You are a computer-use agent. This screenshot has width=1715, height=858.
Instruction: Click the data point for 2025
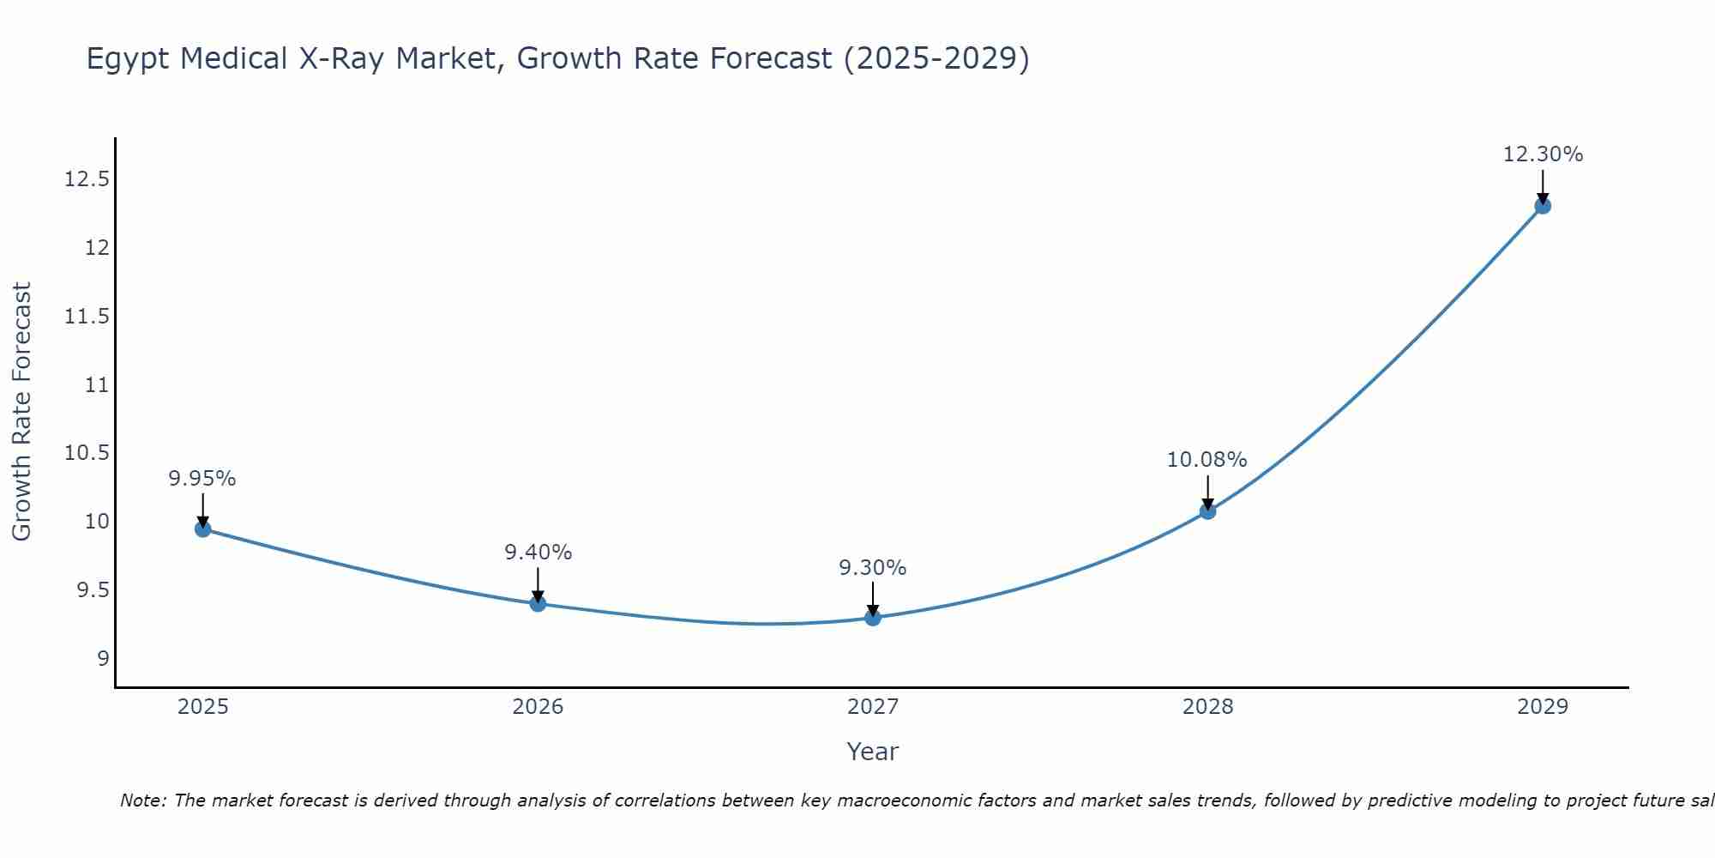[x=203, y=529]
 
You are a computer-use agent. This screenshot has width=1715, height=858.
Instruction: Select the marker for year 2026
[x=538, y=603]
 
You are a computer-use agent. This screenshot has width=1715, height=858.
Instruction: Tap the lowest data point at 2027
[x=873, y=617]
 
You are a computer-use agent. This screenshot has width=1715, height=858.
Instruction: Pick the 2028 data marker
[x=1207, y=511]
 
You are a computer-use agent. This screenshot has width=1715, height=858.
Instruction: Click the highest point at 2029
[x=1543, y=205]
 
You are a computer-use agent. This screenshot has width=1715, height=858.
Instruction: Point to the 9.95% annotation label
[x=202, y=479]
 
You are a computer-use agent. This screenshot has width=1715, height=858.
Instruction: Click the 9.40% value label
[x=538, y=553]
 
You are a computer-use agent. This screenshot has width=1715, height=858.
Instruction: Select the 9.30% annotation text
[x=872, y=568]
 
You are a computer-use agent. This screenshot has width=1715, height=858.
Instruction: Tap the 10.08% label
[x=1207, y=460]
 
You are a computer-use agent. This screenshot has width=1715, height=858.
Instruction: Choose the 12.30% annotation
[x=1543, y=154]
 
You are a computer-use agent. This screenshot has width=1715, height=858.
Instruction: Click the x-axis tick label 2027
[x=873, y=707]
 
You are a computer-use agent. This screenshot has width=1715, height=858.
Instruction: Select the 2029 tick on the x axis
[x=1543, y=707]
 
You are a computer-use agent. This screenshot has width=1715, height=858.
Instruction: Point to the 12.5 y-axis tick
[x=87, y=179]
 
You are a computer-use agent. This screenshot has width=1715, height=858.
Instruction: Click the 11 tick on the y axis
[x=97, y=384]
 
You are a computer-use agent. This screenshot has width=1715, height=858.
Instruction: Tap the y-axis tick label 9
[x=103, y=659]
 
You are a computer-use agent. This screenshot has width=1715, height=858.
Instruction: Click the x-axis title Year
[x=872, y=752]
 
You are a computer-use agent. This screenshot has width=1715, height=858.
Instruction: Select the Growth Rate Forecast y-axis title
[x=21, y=411]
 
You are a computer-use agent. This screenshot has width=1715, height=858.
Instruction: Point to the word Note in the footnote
[x=142, y=801]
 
